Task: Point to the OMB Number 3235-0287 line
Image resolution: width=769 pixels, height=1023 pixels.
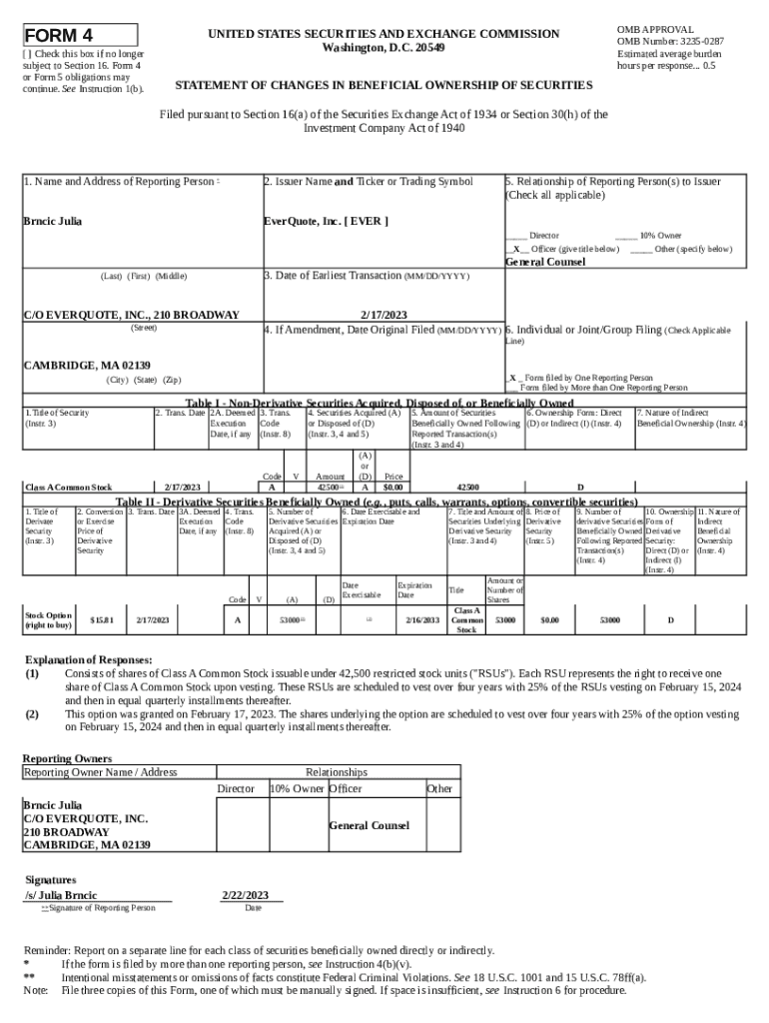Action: coord(670,42)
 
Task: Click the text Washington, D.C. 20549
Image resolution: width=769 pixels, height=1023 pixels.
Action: coord(384,48)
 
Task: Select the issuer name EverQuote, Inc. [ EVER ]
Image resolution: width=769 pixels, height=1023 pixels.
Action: coord(326,221)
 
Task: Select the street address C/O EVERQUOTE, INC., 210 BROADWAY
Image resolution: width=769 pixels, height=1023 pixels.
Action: coord(131,315)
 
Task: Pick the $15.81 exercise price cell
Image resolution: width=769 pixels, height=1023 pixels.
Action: coord(101,620)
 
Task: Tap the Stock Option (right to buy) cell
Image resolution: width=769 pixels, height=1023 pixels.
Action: coord(48,620)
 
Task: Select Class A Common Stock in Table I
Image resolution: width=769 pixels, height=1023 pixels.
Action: coord(68,488)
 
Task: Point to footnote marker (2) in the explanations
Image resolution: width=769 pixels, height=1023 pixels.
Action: coord(32,714)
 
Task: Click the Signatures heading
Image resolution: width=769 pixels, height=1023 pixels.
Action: coord(51,879)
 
